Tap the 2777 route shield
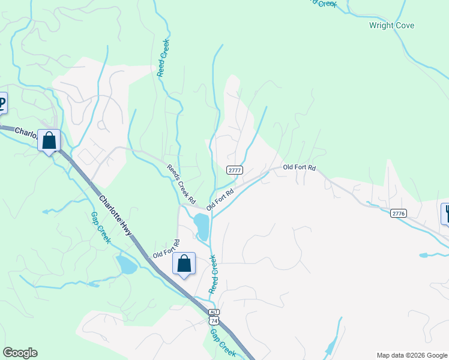pyautogui.click(x=235, y=170)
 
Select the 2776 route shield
pyautogui.click(x=399, y=213)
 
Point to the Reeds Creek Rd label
pyautogui.click(x=181, y=183)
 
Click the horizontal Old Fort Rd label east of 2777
pyautogui.click(x=299, y=167)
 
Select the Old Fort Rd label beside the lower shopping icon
pyautogui.click(x=166, y=248)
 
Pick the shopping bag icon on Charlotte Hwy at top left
pyautogui.click(x=49, y=141)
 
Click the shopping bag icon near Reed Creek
pyautogui.click(x=184, y=263)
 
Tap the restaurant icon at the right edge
pyautogui.click(x=446, y=214)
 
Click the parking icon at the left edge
pyautogui.click(x=2, y=103)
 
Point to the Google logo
pyautogui.click(x=20, y=353)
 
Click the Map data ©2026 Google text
pyautogui.click(x=411, y=355)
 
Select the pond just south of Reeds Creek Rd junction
pyautogui.click(x=202, y=226)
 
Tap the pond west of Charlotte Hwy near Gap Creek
pyautogui.click(x=127, y=265)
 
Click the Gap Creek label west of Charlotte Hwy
pyautogui.click(x=100, y=228)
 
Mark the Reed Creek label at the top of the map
pyautogui.click(x=163, y=58)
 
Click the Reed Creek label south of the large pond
pyautogui.click(x=213, y=274)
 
